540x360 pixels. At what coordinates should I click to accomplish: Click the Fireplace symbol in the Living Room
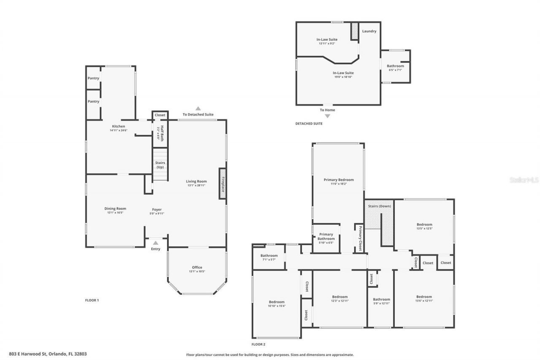tap(222, 183)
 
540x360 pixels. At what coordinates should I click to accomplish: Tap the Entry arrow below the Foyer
tap(156, 243)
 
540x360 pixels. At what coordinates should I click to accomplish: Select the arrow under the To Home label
tap(327, 116)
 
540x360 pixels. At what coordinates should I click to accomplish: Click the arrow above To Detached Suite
tap(198, 108)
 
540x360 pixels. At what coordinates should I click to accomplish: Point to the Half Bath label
tap(160, 133)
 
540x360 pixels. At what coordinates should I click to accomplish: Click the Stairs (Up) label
tap(160, 165)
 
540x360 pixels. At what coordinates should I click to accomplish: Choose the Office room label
tap(197, 267)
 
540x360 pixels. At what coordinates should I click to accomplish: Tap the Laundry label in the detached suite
tap(369, 31)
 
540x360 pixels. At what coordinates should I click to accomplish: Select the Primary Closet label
tap(360, 238)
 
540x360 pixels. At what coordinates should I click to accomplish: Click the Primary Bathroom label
tap(326, 236)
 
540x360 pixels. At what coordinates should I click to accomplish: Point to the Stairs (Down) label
tap(379, 206)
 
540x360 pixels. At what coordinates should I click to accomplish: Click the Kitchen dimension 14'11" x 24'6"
tap(118, 130)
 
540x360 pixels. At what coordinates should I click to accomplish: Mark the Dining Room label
tap(115, 208)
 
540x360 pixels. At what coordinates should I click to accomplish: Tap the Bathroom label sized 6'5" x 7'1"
tap(395, 66)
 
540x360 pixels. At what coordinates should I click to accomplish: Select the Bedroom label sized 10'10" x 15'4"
tap(277, 302)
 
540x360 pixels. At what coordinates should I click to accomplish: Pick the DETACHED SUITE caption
tap(309, 124)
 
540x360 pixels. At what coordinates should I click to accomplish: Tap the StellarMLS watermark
tap(524, 180)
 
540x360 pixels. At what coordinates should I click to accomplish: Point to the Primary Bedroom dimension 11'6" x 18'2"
tap(339, 184)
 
